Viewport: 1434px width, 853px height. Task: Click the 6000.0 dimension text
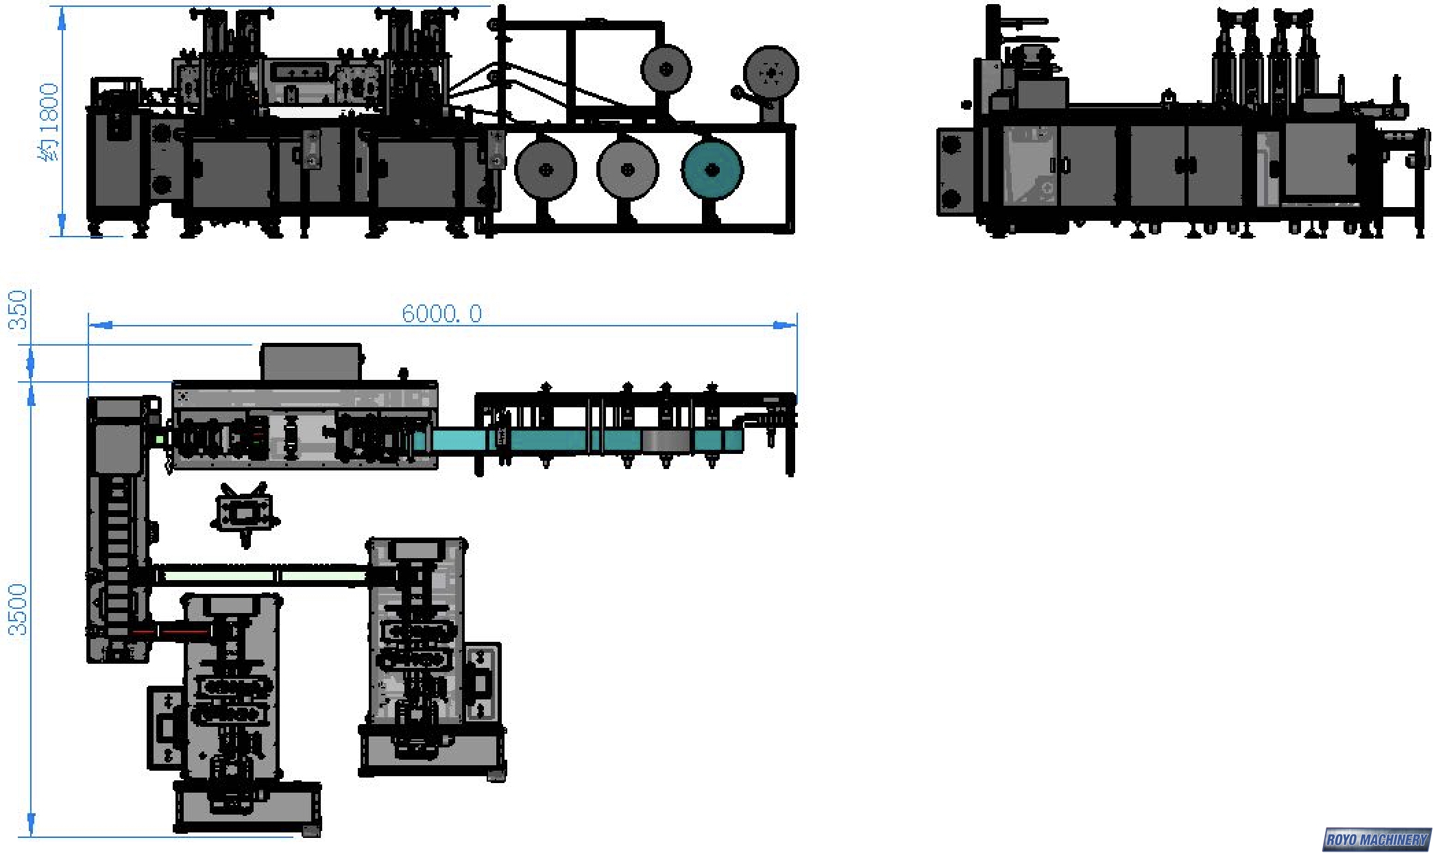point(441,313)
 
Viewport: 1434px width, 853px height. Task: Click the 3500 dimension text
point(18,610)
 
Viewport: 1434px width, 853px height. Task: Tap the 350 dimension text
point(18,309)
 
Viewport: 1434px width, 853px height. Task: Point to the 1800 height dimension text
point(49,122)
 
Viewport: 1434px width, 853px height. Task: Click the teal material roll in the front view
point(712,169)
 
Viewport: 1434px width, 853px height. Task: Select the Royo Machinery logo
point(1376,839)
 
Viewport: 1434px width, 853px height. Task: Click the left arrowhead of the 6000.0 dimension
point(100,325)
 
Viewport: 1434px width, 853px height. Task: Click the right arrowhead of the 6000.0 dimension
point(785,325)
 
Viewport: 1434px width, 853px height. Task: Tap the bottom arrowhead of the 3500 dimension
point(31,824)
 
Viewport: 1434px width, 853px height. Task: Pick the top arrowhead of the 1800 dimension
point(62,19)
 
